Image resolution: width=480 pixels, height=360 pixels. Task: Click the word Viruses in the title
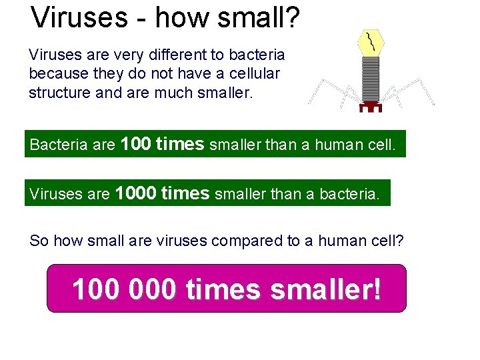tap(79, 18)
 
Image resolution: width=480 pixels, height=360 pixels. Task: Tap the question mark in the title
tap(292, 18)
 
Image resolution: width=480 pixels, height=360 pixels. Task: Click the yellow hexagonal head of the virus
tap(370, 43)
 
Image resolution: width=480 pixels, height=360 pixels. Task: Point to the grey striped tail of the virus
tap(370, 79)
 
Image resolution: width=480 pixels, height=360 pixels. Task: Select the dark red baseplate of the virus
tap(371, 106)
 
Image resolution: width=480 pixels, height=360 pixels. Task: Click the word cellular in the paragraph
tap(253, 73)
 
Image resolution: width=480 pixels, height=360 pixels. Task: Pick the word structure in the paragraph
tap(60, 93)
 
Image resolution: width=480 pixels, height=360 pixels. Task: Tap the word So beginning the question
tap(39, 241)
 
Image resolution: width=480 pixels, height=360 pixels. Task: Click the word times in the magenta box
tap(223, 289)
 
